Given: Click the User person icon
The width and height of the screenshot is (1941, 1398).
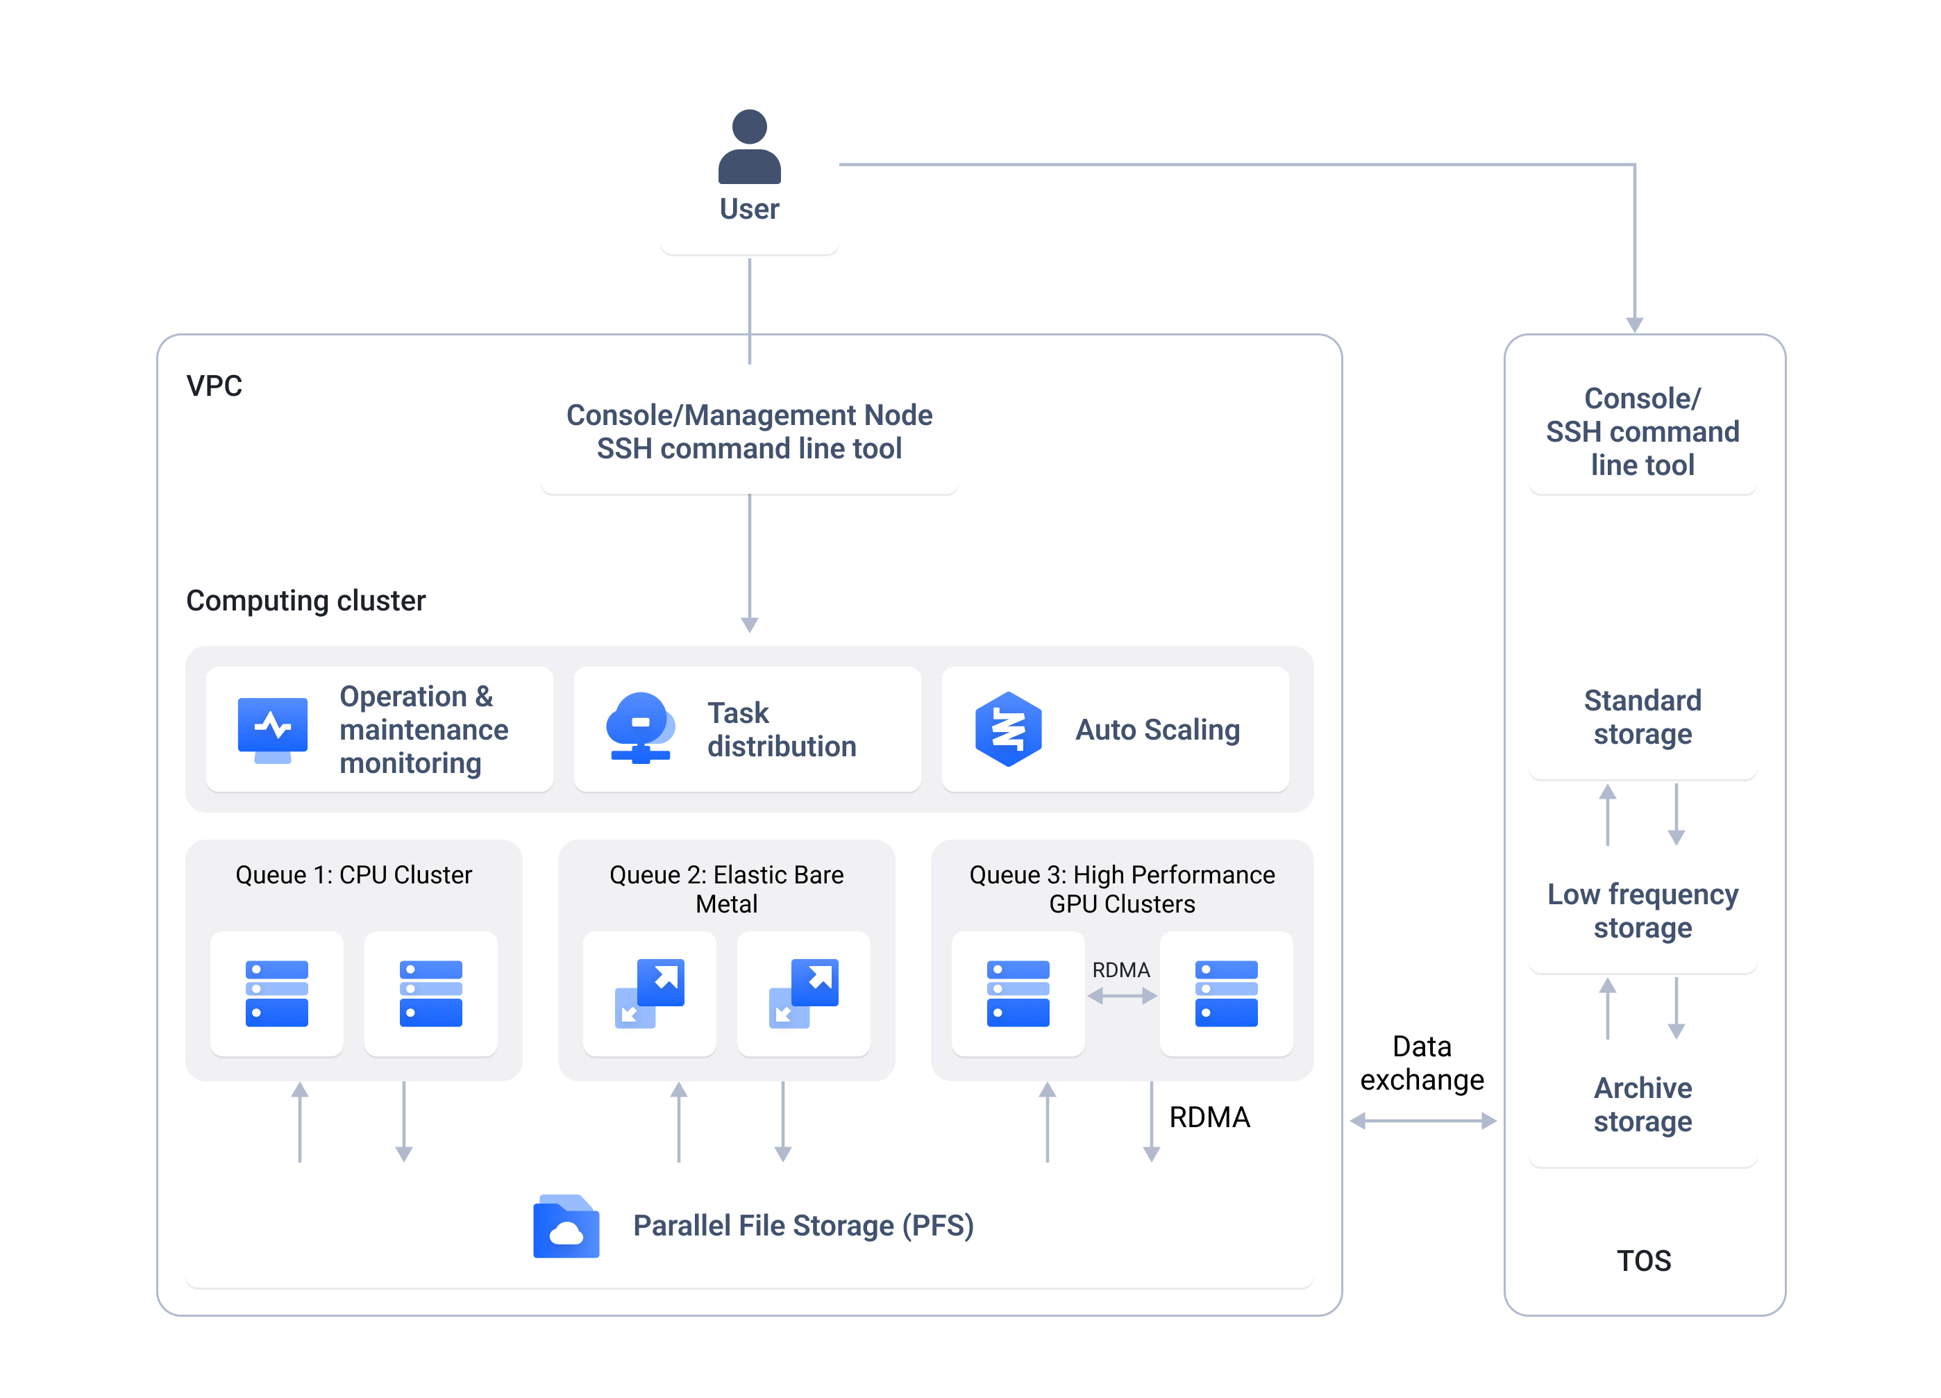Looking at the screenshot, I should (749, 147).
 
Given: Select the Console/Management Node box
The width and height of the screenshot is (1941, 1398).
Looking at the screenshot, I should (749, 431).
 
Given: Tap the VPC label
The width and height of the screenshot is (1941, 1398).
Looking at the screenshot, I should (214, 386).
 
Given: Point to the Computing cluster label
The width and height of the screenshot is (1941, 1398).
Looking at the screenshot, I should (305, 600).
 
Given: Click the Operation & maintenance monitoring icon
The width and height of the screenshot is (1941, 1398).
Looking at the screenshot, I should (272, 729).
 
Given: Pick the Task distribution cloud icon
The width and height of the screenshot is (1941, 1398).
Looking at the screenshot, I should (640, 728).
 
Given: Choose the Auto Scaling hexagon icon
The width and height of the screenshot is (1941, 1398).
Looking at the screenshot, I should (1008, 729).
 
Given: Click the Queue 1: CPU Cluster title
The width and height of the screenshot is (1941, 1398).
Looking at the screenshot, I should (353, 875).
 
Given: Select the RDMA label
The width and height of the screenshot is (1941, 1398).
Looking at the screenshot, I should (1120, 970).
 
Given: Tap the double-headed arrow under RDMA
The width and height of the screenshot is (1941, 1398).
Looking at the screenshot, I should (1121, 996).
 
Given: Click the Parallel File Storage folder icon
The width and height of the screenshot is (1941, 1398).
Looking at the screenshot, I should (566, 1226).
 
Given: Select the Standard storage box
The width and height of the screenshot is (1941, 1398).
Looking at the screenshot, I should (1642, 717).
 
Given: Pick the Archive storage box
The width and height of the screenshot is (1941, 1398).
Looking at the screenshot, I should (1642, 1104).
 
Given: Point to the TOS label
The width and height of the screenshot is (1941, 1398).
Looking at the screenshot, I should (1643, 1260).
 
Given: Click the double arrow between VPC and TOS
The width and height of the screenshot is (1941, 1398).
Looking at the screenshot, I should (1422, 1121).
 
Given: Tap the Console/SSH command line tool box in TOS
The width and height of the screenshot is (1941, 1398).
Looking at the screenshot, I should (1642, 431).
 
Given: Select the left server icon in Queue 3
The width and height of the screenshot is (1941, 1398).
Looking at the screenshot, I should (1018, 993).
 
